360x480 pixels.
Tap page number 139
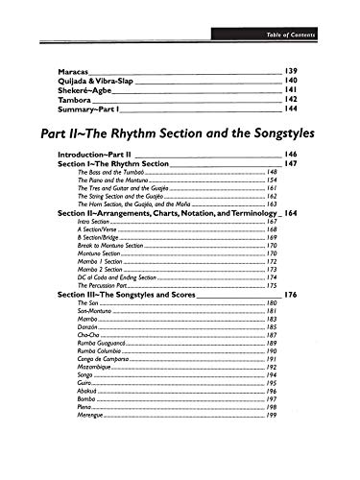[297, 72]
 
